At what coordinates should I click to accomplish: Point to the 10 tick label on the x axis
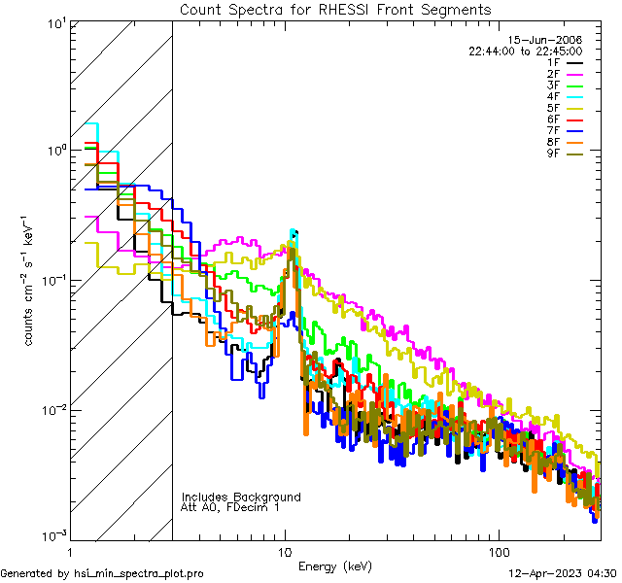[285, 551]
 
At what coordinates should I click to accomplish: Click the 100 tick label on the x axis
[498, 551]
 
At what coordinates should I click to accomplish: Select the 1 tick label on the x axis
[72, 551]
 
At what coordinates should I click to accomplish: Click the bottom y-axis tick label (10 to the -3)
[52, 535]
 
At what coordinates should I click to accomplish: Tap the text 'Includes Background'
[241, 497]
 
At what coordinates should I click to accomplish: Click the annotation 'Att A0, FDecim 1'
[230, 507]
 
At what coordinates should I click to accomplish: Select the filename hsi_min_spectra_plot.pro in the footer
[138, 573]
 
